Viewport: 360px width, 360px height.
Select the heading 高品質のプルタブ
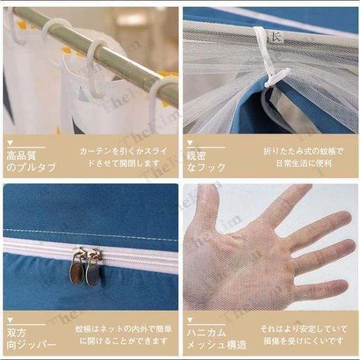pos(30,162)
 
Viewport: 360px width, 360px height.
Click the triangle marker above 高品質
pos(10,144)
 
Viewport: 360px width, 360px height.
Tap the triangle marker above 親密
pos(190,144)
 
